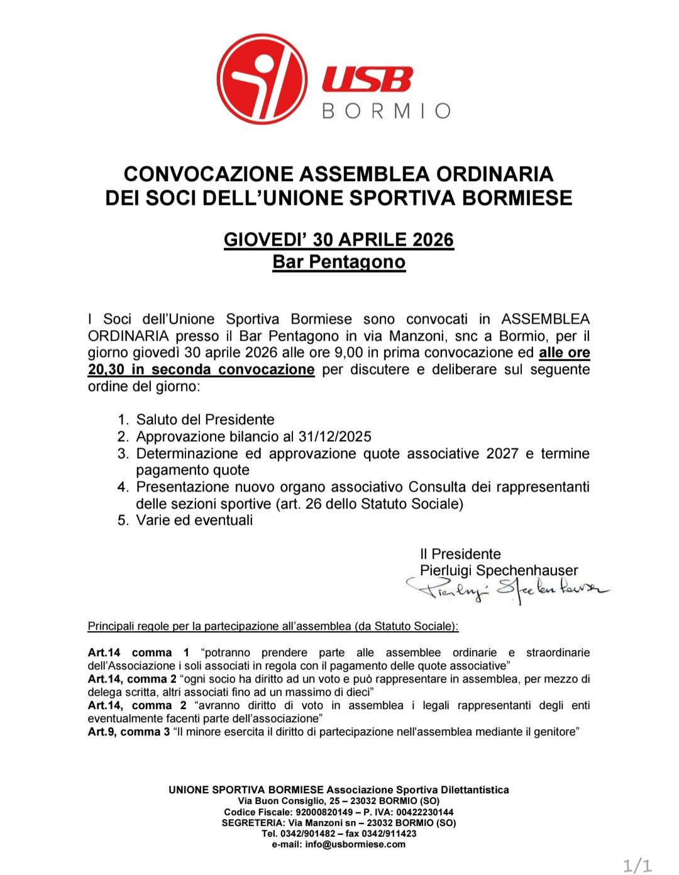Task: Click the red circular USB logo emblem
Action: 262,79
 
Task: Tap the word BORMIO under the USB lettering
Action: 386,111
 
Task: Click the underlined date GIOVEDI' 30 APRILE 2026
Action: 339,240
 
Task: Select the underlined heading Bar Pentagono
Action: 339,262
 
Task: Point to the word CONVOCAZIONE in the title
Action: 209,174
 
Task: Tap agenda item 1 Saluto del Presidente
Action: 205,420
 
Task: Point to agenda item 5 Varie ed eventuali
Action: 194,520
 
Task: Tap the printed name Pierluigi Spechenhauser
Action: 499,571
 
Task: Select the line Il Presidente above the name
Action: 460,554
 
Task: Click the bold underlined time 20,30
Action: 106,370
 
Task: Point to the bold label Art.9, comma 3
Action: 129,732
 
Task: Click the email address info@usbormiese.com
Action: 355,844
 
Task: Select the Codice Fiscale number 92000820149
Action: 324,812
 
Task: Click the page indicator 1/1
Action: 637,866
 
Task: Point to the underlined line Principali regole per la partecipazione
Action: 273,626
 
